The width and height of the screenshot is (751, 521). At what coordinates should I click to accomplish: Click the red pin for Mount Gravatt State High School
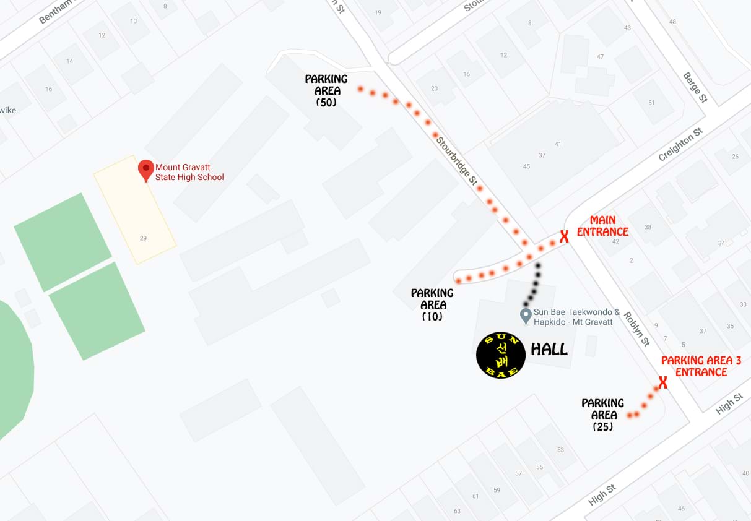coord(145,169)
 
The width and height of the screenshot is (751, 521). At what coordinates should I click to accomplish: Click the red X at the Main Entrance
coord(564,236)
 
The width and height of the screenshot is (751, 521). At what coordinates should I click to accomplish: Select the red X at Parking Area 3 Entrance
coord(662,383)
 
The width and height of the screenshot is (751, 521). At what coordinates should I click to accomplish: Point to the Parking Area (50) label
coord(326,91)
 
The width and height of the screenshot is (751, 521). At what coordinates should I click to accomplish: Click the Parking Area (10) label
coord(432,304)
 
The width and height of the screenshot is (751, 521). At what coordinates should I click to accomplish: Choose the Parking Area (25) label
coord(603,415)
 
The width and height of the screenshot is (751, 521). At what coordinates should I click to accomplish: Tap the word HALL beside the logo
coord(549,350)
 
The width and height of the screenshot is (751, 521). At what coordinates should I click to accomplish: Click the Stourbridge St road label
coord(457,160)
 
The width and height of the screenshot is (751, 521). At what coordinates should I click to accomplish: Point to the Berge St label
coord(695,87)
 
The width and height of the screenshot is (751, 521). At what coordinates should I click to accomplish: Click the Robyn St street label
coord(636,329)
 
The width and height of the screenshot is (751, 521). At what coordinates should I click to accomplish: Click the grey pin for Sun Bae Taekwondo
coord(526,316)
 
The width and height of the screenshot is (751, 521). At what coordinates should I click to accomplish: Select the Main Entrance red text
coord(602,226)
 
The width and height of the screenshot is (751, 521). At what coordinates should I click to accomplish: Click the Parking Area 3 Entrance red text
coord(701,366)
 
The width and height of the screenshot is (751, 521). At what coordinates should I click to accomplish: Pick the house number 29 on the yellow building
coord(143,238)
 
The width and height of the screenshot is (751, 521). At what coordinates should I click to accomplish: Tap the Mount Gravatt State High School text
coord(189,172)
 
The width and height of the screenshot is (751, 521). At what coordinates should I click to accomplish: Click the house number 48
coord(672,22)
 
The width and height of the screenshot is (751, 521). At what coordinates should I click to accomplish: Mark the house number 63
coord(457,510)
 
